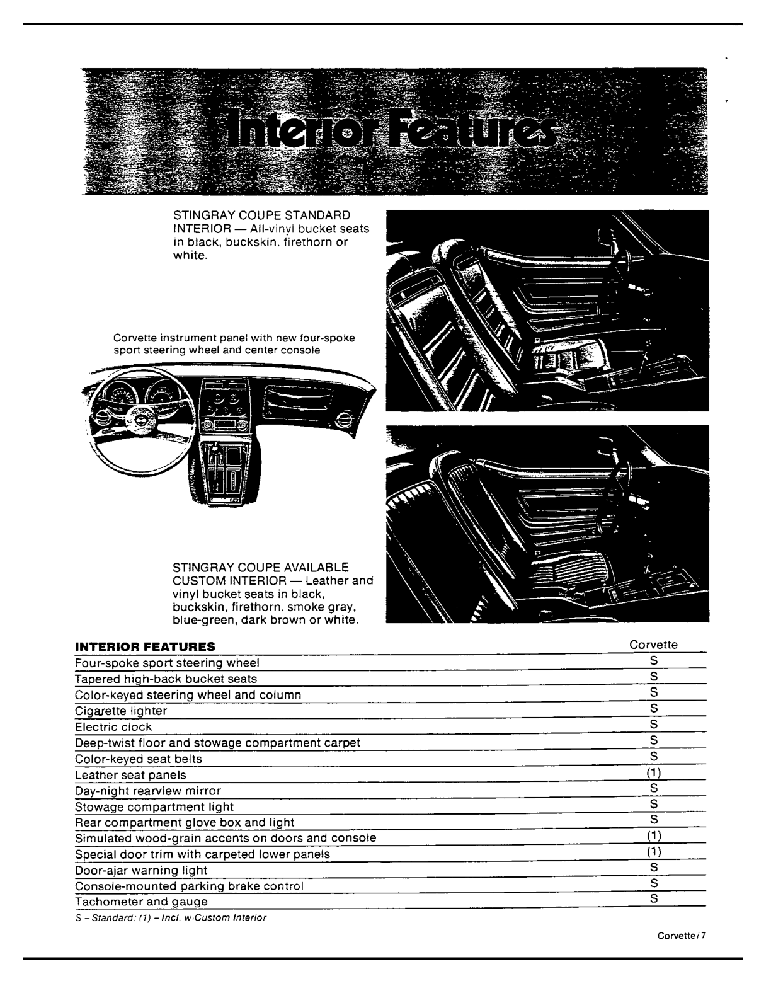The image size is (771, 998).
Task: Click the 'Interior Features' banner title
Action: (x=391, y=129)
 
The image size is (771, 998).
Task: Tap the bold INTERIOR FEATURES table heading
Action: (x=145, y=646)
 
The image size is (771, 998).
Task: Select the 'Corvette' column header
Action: (x=653, y=645)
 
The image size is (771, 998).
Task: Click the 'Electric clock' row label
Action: (x=113, y=726)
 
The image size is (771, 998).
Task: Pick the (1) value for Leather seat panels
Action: (x=654, y=772)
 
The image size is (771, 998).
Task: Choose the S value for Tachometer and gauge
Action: (x=654, y=898)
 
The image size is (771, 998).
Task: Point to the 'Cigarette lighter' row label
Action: (x=121, y=711)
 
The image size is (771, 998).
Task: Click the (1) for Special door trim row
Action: (x=654, y=851)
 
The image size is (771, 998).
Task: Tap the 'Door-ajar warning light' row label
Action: (x=141, y=870)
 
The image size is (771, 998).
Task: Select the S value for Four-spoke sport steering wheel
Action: (x=654, y=660)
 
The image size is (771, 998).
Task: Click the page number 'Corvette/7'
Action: (x=682, y=936)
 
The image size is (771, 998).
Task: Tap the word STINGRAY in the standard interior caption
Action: (x=201, y=215)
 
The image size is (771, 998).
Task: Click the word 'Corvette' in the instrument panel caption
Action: (x=135, y=338)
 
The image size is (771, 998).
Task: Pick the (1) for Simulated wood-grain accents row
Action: (x=654, y=835)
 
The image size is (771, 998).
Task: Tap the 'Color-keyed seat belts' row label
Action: (x=138, y=759)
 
